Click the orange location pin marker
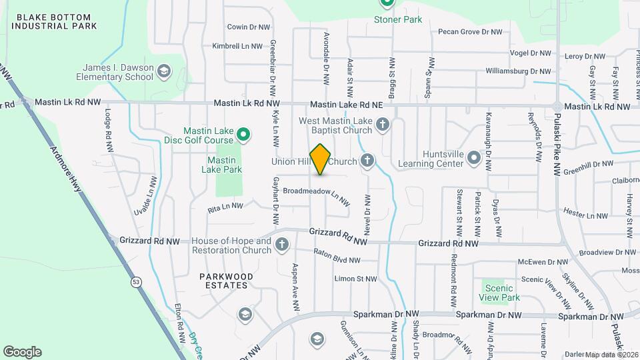coord(321,159)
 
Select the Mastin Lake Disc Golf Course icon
coord(243,135)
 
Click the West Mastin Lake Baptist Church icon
coord(383,125)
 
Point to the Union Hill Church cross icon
coord(367,160)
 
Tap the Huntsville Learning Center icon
coord(474,158)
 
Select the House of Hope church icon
coord(282,245)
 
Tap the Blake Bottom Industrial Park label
coord(55,21)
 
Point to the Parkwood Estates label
coord(225,281)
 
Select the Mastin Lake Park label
coord(224,165)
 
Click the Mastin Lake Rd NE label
coord(346,105)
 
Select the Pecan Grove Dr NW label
coord(469,31)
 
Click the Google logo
coord(22,351)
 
